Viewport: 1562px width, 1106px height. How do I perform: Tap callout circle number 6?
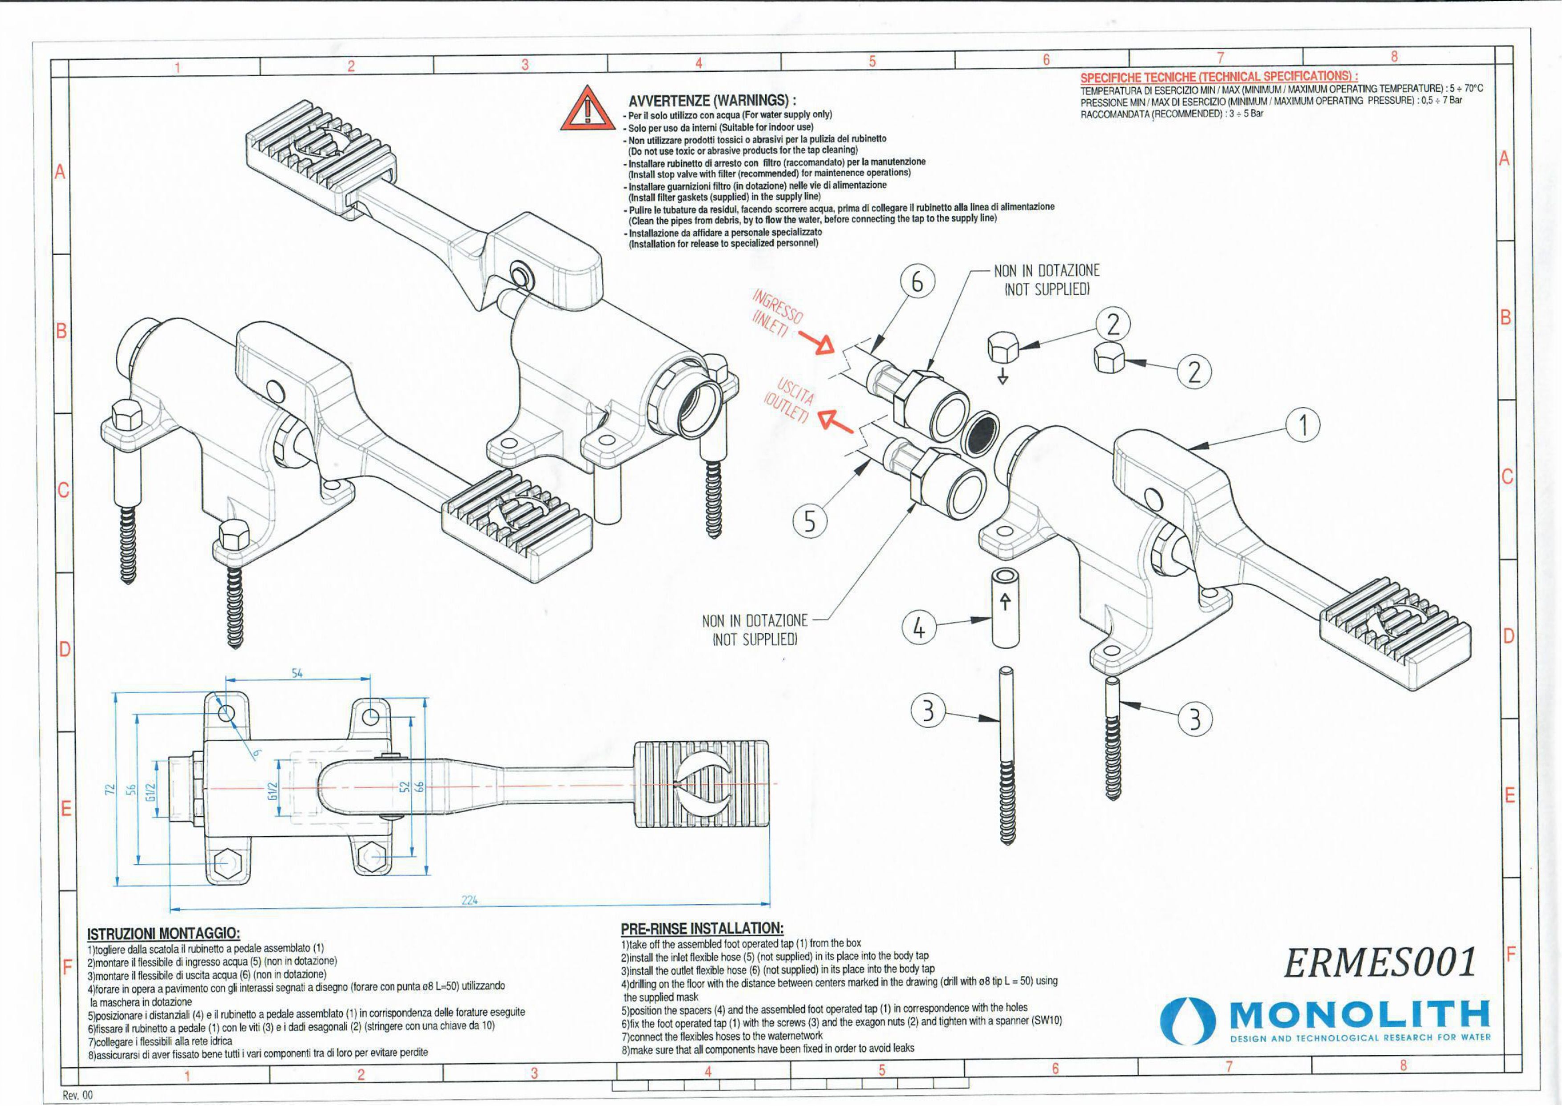coord(917,282)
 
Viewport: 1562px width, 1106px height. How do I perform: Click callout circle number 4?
coord(918,628)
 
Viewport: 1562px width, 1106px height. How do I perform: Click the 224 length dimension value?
coord(470,900)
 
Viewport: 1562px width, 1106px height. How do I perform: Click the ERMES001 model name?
coord(1379,962)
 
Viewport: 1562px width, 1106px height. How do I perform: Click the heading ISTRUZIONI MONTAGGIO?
coord(163,933)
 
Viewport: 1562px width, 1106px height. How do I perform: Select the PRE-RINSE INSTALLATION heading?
coord(702,928)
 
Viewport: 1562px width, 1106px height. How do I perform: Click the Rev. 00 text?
coord(77,1096)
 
